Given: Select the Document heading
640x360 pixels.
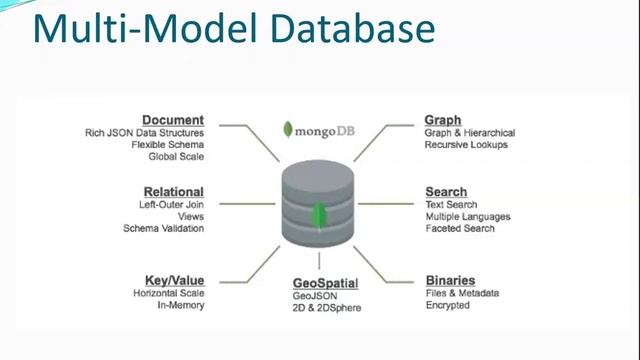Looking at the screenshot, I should click(x=173, y=120).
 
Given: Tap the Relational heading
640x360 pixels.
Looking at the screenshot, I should click(x=173, y=191).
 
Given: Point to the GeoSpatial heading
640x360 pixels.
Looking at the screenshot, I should click(x=326, y=284).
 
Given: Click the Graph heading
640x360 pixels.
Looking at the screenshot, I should click(x=443, y=120).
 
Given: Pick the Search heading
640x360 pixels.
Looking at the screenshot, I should click(x=446, y=191).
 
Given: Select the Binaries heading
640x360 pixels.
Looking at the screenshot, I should click(x=450, y=280).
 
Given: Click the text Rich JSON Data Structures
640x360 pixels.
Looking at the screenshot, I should click(x=144, y=133).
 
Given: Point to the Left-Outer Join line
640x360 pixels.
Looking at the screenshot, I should click(x=171, y=204).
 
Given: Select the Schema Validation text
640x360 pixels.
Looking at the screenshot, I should click(x=163, y=228).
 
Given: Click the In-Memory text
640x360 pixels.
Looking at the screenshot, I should click(x=181, y=305).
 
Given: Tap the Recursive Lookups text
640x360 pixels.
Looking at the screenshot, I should click(x=466, y=145).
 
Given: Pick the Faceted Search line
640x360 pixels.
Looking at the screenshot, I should click(x=459, y=228).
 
